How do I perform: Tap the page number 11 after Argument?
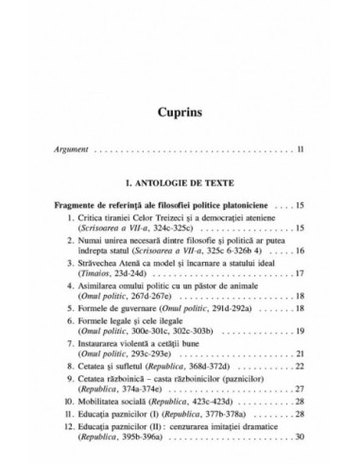[x=300, y=150]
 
